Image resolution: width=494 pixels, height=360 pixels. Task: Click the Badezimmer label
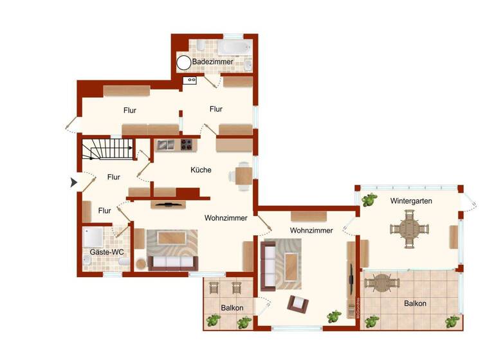click(x=212, y=62)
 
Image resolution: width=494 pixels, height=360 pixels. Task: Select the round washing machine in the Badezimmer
click(x=184, y=62)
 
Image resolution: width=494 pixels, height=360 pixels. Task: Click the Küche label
click(x=201, y=170)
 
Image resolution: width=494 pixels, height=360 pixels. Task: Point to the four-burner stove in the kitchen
click(x=188, y=145)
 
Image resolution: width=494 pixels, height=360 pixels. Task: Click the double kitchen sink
click(x=165, y=145)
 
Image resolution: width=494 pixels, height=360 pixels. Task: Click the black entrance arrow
click(x=74, y=183)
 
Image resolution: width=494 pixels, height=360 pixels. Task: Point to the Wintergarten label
click(x=410, y=201)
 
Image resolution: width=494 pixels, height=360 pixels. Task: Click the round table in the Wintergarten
click(x=408, y=230)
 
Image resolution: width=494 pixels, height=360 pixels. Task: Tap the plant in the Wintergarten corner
click(x=369, y=199)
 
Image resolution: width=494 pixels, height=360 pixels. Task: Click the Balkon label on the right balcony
click(x=415, y=303)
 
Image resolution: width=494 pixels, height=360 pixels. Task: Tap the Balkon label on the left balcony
click(x=232, y=308)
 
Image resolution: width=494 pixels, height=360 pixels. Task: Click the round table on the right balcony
click(x=383, y=282)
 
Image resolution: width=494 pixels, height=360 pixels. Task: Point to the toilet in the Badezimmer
click(x=200, y=46)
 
